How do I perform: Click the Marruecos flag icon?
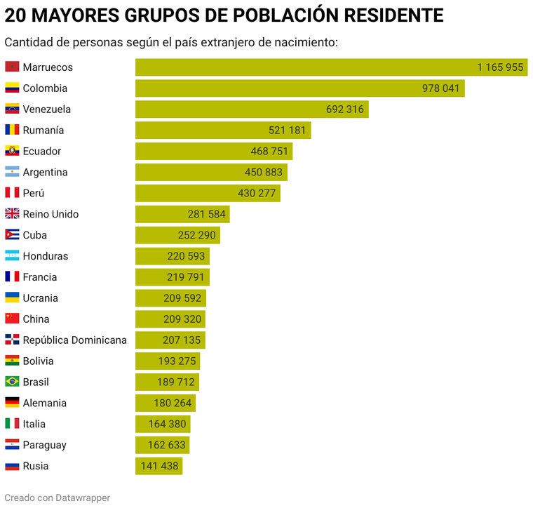pos(12,67)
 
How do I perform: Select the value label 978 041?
pos(440,88)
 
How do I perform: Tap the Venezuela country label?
pos(46,109)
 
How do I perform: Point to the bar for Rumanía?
pos(223,131)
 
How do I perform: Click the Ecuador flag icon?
pos(12,152)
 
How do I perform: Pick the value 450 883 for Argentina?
pos(263,173)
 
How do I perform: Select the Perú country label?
pos(33,194)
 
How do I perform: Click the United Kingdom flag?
pos(12,215)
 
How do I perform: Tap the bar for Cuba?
pos(177,235)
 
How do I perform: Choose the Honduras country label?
pos(46,256)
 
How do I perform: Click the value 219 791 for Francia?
pos(186,277)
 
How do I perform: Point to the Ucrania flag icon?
pos(12,298)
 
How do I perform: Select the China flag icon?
pos(12,319)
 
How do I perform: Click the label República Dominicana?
pos(74,340)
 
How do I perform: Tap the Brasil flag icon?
pos(12,382)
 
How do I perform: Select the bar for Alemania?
pos(166,403)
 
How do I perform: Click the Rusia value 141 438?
pos(159,466)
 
